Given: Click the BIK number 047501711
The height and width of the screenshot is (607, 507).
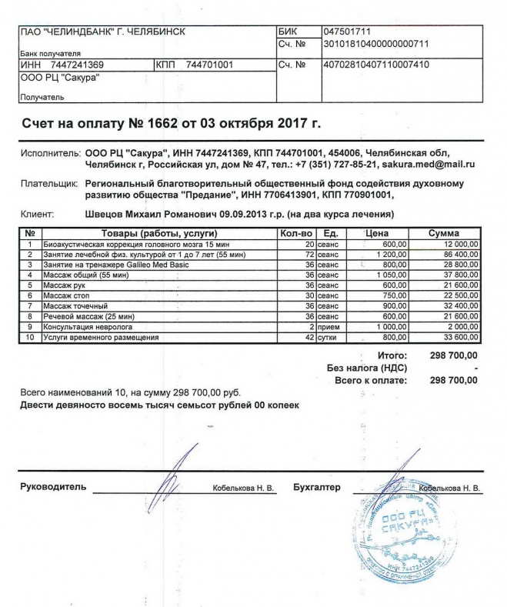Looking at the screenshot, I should click(x=349, y=32).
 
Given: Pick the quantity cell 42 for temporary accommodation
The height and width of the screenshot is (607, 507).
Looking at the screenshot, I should click(x=309, y=337).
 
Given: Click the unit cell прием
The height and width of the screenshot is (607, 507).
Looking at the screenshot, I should click(x=328, y=327).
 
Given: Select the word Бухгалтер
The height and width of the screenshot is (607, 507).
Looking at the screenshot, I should click(x=316, y=488).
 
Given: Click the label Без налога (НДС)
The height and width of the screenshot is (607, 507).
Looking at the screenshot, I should click(x=374, y=369).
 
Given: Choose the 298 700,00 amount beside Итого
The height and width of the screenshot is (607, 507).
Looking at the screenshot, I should click(x=454, y=356).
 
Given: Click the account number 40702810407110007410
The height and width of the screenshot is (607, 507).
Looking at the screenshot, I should click(x=377, y=65).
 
